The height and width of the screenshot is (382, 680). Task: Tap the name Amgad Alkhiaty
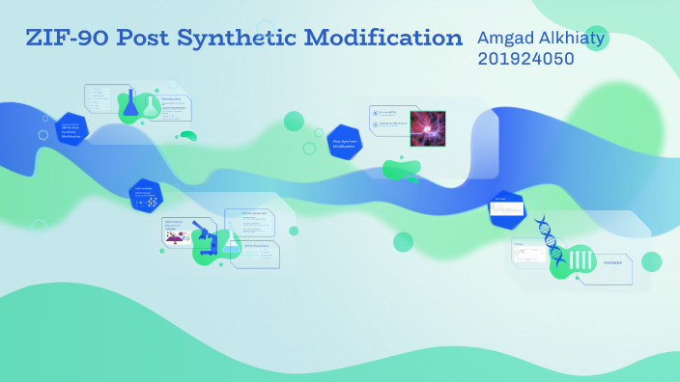(530, 38)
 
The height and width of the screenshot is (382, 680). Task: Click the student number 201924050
(525, 59)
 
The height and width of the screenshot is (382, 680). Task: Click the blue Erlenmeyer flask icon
(131, 104)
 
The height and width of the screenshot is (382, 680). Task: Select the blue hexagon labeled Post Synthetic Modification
(344, 143)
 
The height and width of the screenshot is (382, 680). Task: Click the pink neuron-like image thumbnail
(427, 128)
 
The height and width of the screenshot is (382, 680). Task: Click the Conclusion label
(613, 262)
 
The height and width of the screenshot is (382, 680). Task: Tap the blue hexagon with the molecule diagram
(146, 197)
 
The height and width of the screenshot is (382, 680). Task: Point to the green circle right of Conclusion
(652, 261)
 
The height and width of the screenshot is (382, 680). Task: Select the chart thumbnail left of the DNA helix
(529, 253)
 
